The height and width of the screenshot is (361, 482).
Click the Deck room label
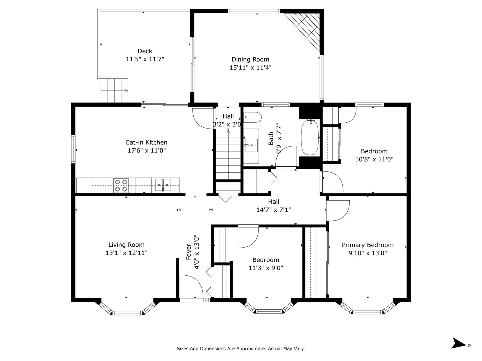tap(145, 51)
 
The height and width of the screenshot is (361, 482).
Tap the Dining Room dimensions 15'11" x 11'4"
tap(250, 67)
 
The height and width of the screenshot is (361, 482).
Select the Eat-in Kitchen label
tap(146, 143)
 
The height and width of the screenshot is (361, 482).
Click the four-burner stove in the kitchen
tap(121, 185)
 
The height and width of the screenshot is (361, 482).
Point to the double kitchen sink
tap(163, 185)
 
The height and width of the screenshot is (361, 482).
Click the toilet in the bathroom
tap(252, 117)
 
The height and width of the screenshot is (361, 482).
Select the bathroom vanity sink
tap(252, 145)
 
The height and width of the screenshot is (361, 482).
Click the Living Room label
tap(126, 245)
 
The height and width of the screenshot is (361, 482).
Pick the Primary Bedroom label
tap(368, 245)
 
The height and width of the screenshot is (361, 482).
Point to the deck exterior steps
tap(114, 90)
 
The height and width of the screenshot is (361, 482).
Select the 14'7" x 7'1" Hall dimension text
tap(274, 210)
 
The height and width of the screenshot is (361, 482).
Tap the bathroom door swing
tap(286, 156)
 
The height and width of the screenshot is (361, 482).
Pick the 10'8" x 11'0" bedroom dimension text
tap(374, 159)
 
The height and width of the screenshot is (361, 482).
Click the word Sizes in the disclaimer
tap(183, 348)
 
